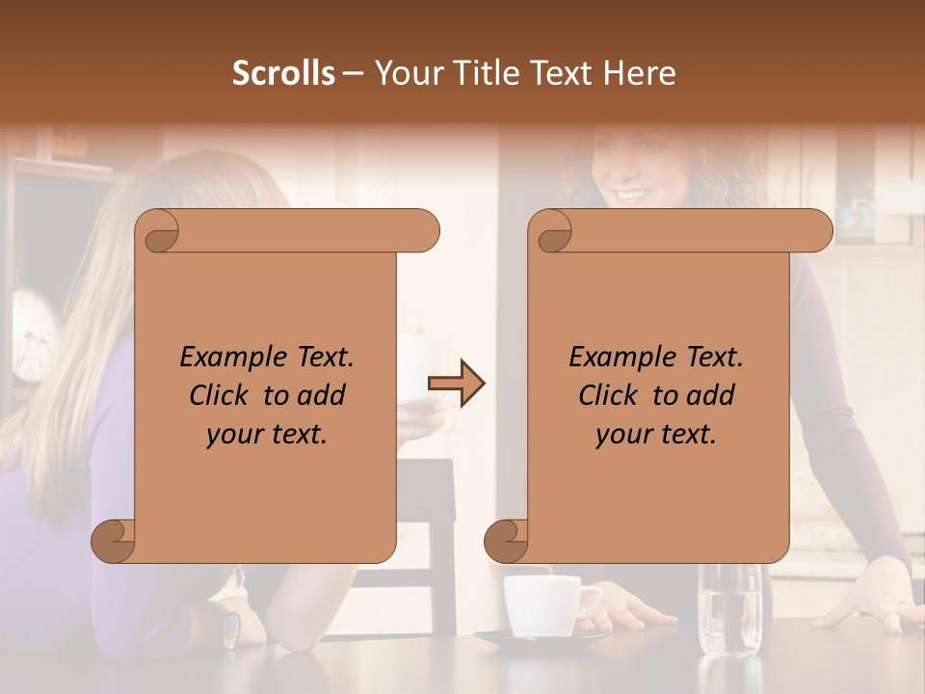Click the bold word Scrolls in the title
(x=283, y=73)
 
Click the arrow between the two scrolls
(x=456, y=385)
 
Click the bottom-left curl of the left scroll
(x=114, y=541)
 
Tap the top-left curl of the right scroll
(x=552, y=231)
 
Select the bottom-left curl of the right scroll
(x=507, y=541)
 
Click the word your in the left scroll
(x=232, y=435)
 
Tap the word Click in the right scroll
(x=608, y=395)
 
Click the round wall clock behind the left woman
(x=34, y=333)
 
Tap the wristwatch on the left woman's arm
(x=230, y=627)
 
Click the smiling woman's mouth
(x=632, y=196)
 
